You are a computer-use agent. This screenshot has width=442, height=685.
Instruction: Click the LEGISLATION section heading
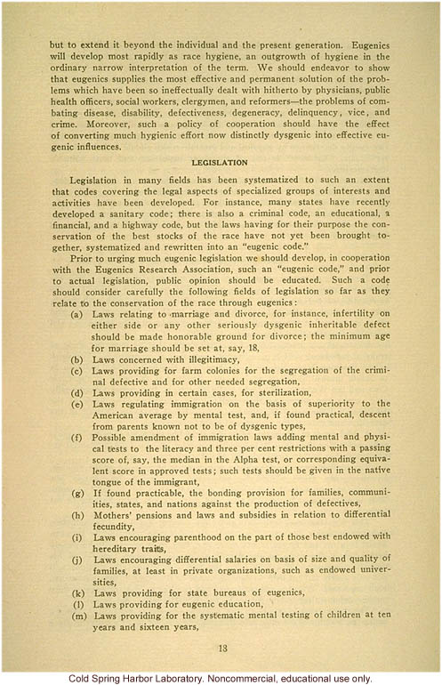click(221, 163)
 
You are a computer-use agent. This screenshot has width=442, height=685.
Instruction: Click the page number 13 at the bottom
click(221, 648)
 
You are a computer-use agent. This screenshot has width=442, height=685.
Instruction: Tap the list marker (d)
click(78, 392)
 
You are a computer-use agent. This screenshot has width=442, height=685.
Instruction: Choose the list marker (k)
click(78, 591)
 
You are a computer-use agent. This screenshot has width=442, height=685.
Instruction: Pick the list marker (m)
click(78, 615)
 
